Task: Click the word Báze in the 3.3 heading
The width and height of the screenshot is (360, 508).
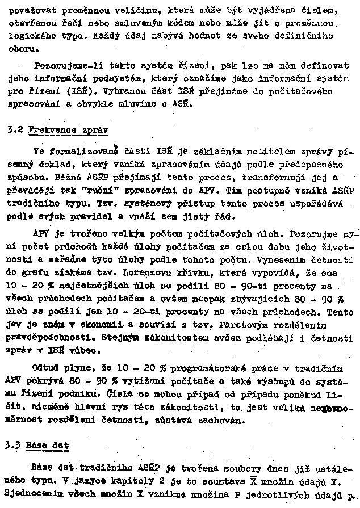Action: click(37, 446)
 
